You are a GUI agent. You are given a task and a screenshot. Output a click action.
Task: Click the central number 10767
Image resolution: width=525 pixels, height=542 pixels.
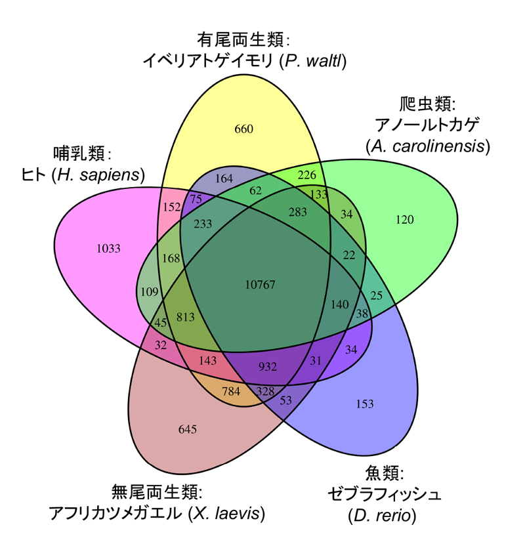click(260, 285)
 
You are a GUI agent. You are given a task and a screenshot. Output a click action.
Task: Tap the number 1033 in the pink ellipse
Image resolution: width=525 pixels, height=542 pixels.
click(108, 248)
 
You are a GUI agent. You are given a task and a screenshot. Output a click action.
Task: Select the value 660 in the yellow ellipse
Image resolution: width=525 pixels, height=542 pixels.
click(243, 129)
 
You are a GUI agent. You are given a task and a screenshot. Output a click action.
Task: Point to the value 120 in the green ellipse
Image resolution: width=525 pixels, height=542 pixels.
click(405, 220)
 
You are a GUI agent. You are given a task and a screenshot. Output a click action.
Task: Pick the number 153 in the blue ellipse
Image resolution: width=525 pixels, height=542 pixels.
click(366, 403)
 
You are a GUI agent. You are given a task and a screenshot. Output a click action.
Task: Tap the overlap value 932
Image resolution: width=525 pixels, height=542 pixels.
click(268, 366)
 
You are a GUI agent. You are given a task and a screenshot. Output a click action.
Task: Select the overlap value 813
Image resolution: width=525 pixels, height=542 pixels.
click(186, 317)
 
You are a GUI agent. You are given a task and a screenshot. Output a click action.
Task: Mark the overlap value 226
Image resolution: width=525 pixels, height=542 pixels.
click(306, 175)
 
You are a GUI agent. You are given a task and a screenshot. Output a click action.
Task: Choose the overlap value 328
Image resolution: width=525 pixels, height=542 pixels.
click(265, 391)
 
